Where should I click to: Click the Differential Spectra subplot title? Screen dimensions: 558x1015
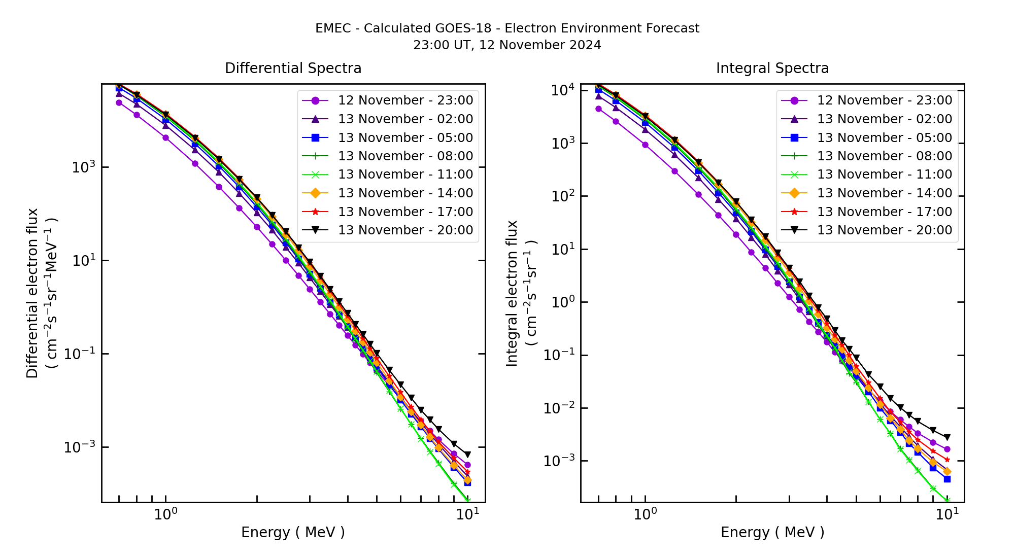coord(293,68)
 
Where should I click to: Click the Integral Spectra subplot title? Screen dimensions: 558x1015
coord(772,68)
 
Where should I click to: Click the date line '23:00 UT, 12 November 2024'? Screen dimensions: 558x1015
coord(507,45)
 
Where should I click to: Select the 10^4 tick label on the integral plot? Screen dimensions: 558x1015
coord(562,90)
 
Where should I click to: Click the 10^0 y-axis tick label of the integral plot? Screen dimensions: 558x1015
coord(562,302)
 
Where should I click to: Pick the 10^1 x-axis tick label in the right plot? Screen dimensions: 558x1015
coord(947,514)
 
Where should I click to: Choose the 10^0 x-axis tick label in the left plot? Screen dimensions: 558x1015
coord(166,514)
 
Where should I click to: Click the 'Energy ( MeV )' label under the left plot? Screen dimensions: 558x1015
coord(293,532)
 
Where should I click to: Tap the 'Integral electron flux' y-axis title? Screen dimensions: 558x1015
coord(512,293)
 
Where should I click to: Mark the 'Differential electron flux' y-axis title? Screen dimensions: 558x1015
coord(32,293)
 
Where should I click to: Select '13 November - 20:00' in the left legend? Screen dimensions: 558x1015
coord(405,230)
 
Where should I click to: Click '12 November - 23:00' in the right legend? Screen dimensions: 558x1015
coord(885,100)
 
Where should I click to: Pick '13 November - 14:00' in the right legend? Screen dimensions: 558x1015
coord(885,193)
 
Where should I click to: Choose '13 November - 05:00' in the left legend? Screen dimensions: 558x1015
coord(405,138)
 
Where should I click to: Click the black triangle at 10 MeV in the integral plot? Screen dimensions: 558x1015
coord(947,437)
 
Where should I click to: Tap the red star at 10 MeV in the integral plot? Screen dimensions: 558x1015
coord(947,460)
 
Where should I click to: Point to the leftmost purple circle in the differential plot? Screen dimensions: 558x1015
coord(119,102)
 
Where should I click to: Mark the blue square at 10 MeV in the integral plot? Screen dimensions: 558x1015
coord(947,479)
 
